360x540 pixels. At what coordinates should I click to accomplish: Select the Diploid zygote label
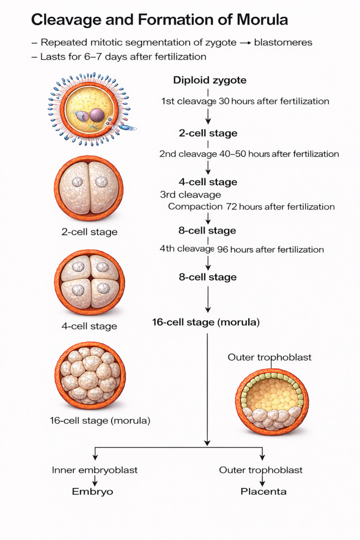[x=210, y=81]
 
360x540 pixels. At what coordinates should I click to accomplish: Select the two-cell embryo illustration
[x=89, y=188]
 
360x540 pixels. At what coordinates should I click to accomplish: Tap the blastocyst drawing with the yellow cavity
[x=272, y=402]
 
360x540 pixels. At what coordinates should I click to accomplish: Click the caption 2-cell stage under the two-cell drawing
[x=89, y=232]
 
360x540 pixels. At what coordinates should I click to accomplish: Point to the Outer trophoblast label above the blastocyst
[x=269, y=357]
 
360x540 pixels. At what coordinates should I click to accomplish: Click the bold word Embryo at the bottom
[x=93, y=491]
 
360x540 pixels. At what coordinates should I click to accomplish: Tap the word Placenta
[x=264, y=491]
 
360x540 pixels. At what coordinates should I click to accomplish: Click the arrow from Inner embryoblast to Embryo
[x=94, y=480]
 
